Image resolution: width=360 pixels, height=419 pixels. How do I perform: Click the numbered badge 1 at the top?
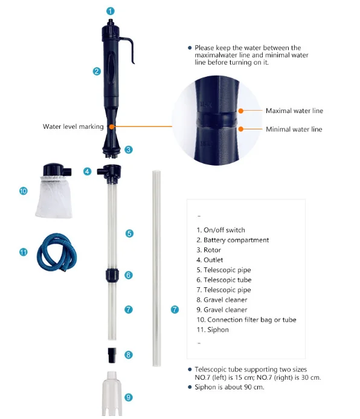pos(111,11)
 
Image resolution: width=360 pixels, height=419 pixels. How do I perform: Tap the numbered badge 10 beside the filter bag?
pos(24,191)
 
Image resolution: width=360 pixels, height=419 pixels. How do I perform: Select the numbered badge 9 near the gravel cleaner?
pos(129,397)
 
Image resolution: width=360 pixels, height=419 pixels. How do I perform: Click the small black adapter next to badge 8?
pos(112,355)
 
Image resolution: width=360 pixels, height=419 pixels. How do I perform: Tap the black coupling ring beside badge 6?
pos(112,275)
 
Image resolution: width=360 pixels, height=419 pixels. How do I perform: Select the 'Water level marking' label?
pos(73,126)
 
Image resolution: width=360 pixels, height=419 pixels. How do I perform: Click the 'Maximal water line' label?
pos(294,111)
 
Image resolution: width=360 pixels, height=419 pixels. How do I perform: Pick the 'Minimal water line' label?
pos(294,129)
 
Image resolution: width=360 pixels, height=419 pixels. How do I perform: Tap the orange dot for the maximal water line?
pos(241,111)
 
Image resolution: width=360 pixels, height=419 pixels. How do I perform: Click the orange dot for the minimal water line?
pos(241,129)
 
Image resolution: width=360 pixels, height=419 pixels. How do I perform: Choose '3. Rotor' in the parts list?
pos(208,250)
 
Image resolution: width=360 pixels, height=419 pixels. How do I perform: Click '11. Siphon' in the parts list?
pos(213,330)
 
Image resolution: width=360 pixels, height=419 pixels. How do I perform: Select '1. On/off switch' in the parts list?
pos(220,230)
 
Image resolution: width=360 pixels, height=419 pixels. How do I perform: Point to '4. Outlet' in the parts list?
pos(210,260)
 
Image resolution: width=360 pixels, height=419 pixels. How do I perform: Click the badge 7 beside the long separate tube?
pos(175,310)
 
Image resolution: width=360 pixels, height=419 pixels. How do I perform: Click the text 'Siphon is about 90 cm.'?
pos(230,387)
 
